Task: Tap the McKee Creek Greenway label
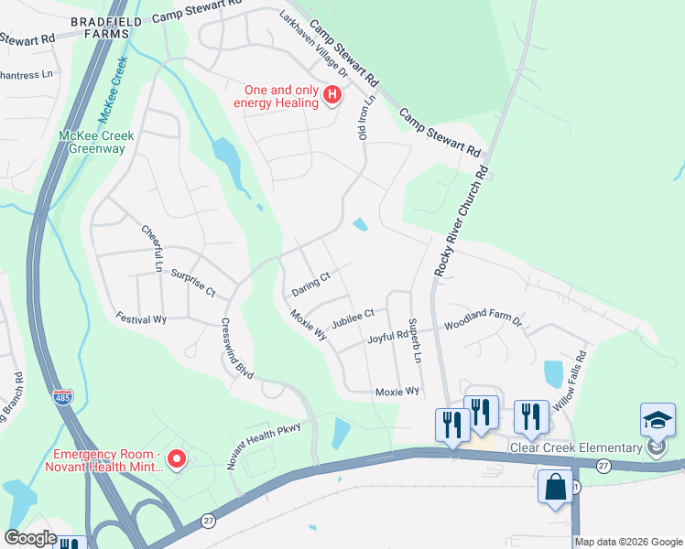pyautogui.click(x=96, y=142)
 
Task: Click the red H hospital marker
pyautogui.click(x=333, y=94)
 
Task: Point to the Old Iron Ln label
pyautogui.click(x=366, y=117)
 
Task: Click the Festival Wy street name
pyautogui.click(x=141, y=318)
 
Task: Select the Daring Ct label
pyautogui.click(x=310, y=283)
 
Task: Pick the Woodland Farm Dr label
pyautogui.click(x=483, y=323)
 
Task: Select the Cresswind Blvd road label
pyautogui.click(x=236, y=350)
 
